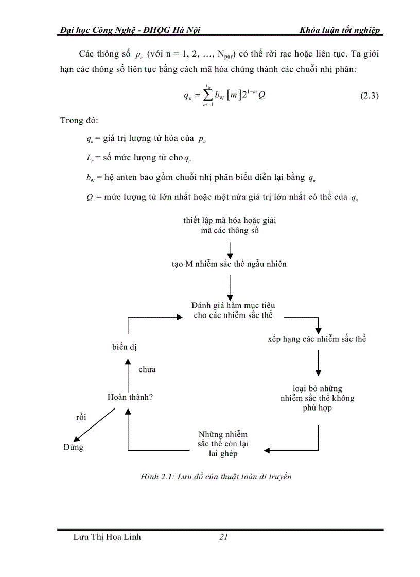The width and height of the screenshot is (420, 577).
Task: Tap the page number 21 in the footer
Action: tap(223, 537)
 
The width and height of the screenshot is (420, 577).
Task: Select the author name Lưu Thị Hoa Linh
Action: tap(108, 537)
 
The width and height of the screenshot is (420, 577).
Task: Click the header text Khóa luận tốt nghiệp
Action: tap(340, 30)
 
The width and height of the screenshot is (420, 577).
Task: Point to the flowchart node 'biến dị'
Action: tap(124, 347)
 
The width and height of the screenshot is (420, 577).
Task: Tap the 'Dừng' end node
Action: tap(73, 447)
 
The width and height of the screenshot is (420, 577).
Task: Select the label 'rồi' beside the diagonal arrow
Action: tap(81, 417)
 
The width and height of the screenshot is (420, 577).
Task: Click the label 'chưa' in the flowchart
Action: tap(147, 369)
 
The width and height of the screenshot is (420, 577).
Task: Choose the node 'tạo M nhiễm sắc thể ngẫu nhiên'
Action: tap(229, 264)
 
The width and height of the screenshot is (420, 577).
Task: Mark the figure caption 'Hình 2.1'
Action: tap(216, 477)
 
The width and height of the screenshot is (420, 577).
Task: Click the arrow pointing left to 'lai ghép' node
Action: tap(293, 450)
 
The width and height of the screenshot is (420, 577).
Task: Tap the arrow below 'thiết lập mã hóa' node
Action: tap(230, 249)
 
